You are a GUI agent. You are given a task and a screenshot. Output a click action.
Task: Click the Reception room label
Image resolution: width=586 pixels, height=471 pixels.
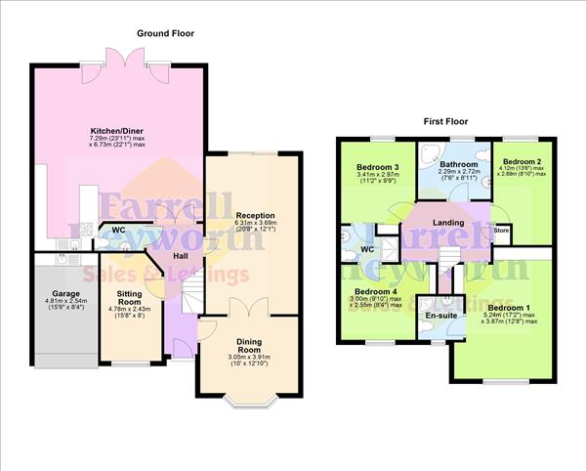[254, 215]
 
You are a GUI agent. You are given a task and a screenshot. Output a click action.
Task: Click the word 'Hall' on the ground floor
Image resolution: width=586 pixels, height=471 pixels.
[181, 256]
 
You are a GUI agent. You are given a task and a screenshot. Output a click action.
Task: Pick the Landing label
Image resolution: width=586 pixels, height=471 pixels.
[448, 223]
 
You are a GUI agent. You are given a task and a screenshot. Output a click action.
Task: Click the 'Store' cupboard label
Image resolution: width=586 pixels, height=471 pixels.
[501, 231]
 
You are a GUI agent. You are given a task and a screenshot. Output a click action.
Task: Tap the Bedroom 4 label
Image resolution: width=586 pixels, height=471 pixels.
[375, 291]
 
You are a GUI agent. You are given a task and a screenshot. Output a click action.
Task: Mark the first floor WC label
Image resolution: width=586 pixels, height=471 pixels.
[367, 248]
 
